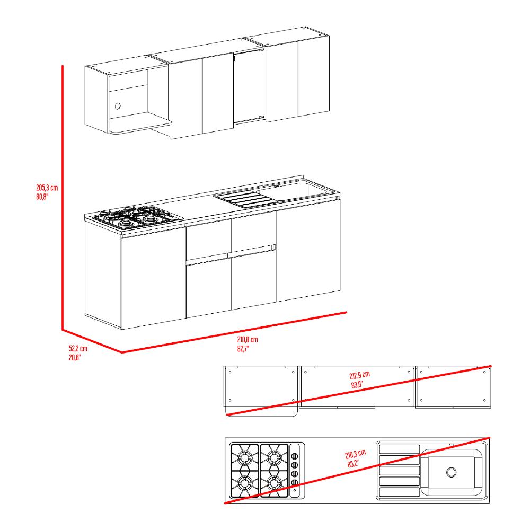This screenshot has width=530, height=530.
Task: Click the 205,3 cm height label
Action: point(47,188)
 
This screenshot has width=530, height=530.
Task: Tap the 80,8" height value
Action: point(42,197)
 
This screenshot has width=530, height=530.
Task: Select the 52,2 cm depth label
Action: point(78,348)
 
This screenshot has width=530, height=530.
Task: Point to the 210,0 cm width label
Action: point(248,339)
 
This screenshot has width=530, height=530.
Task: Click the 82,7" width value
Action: point(243,349)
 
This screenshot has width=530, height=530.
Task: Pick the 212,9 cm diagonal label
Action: point(360,375)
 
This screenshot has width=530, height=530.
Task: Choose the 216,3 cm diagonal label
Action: point(355,454)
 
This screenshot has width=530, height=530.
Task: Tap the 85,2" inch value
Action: point(353,463)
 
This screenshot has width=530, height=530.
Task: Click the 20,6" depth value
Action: point(75,357)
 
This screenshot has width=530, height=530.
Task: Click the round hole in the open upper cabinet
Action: point(118,106)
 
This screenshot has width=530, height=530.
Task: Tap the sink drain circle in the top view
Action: point(451,472)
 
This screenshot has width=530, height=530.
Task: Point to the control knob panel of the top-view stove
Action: point(295,471)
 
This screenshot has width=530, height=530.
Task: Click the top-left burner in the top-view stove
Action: point(244,458)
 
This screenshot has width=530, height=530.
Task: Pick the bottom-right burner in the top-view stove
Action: point(274,484)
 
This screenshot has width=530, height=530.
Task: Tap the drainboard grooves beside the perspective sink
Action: point(246,199)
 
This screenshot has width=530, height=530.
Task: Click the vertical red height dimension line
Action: point(63,197)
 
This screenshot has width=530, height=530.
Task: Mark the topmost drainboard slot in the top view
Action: point(400,449)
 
